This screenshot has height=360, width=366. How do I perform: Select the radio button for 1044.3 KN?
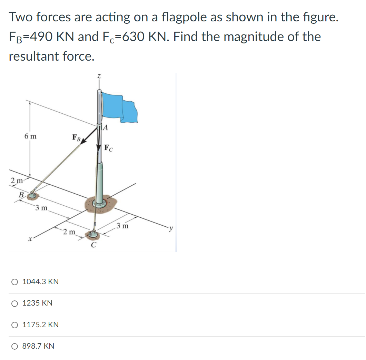14,282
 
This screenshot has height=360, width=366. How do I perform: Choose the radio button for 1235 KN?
14,304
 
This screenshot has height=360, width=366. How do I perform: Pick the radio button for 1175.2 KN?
14,325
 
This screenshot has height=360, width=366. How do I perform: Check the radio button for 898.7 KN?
14,346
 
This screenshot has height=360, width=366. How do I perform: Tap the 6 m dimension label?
30,136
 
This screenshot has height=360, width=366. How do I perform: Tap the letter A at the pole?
106,128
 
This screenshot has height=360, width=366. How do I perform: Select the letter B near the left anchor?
21,194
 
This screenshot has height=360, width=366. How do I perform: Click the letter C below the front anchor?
93,245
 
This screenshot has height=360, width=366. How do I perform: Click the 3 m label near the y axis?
122,226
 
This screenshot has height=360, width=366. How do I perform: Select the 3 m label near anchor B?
42,208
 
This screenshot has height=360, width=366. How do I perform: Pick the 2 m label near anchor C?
69,231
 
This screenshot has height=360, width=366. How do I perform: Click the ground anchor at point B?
33,195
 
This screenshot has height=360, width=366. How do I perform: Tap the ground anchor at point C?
92,235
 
